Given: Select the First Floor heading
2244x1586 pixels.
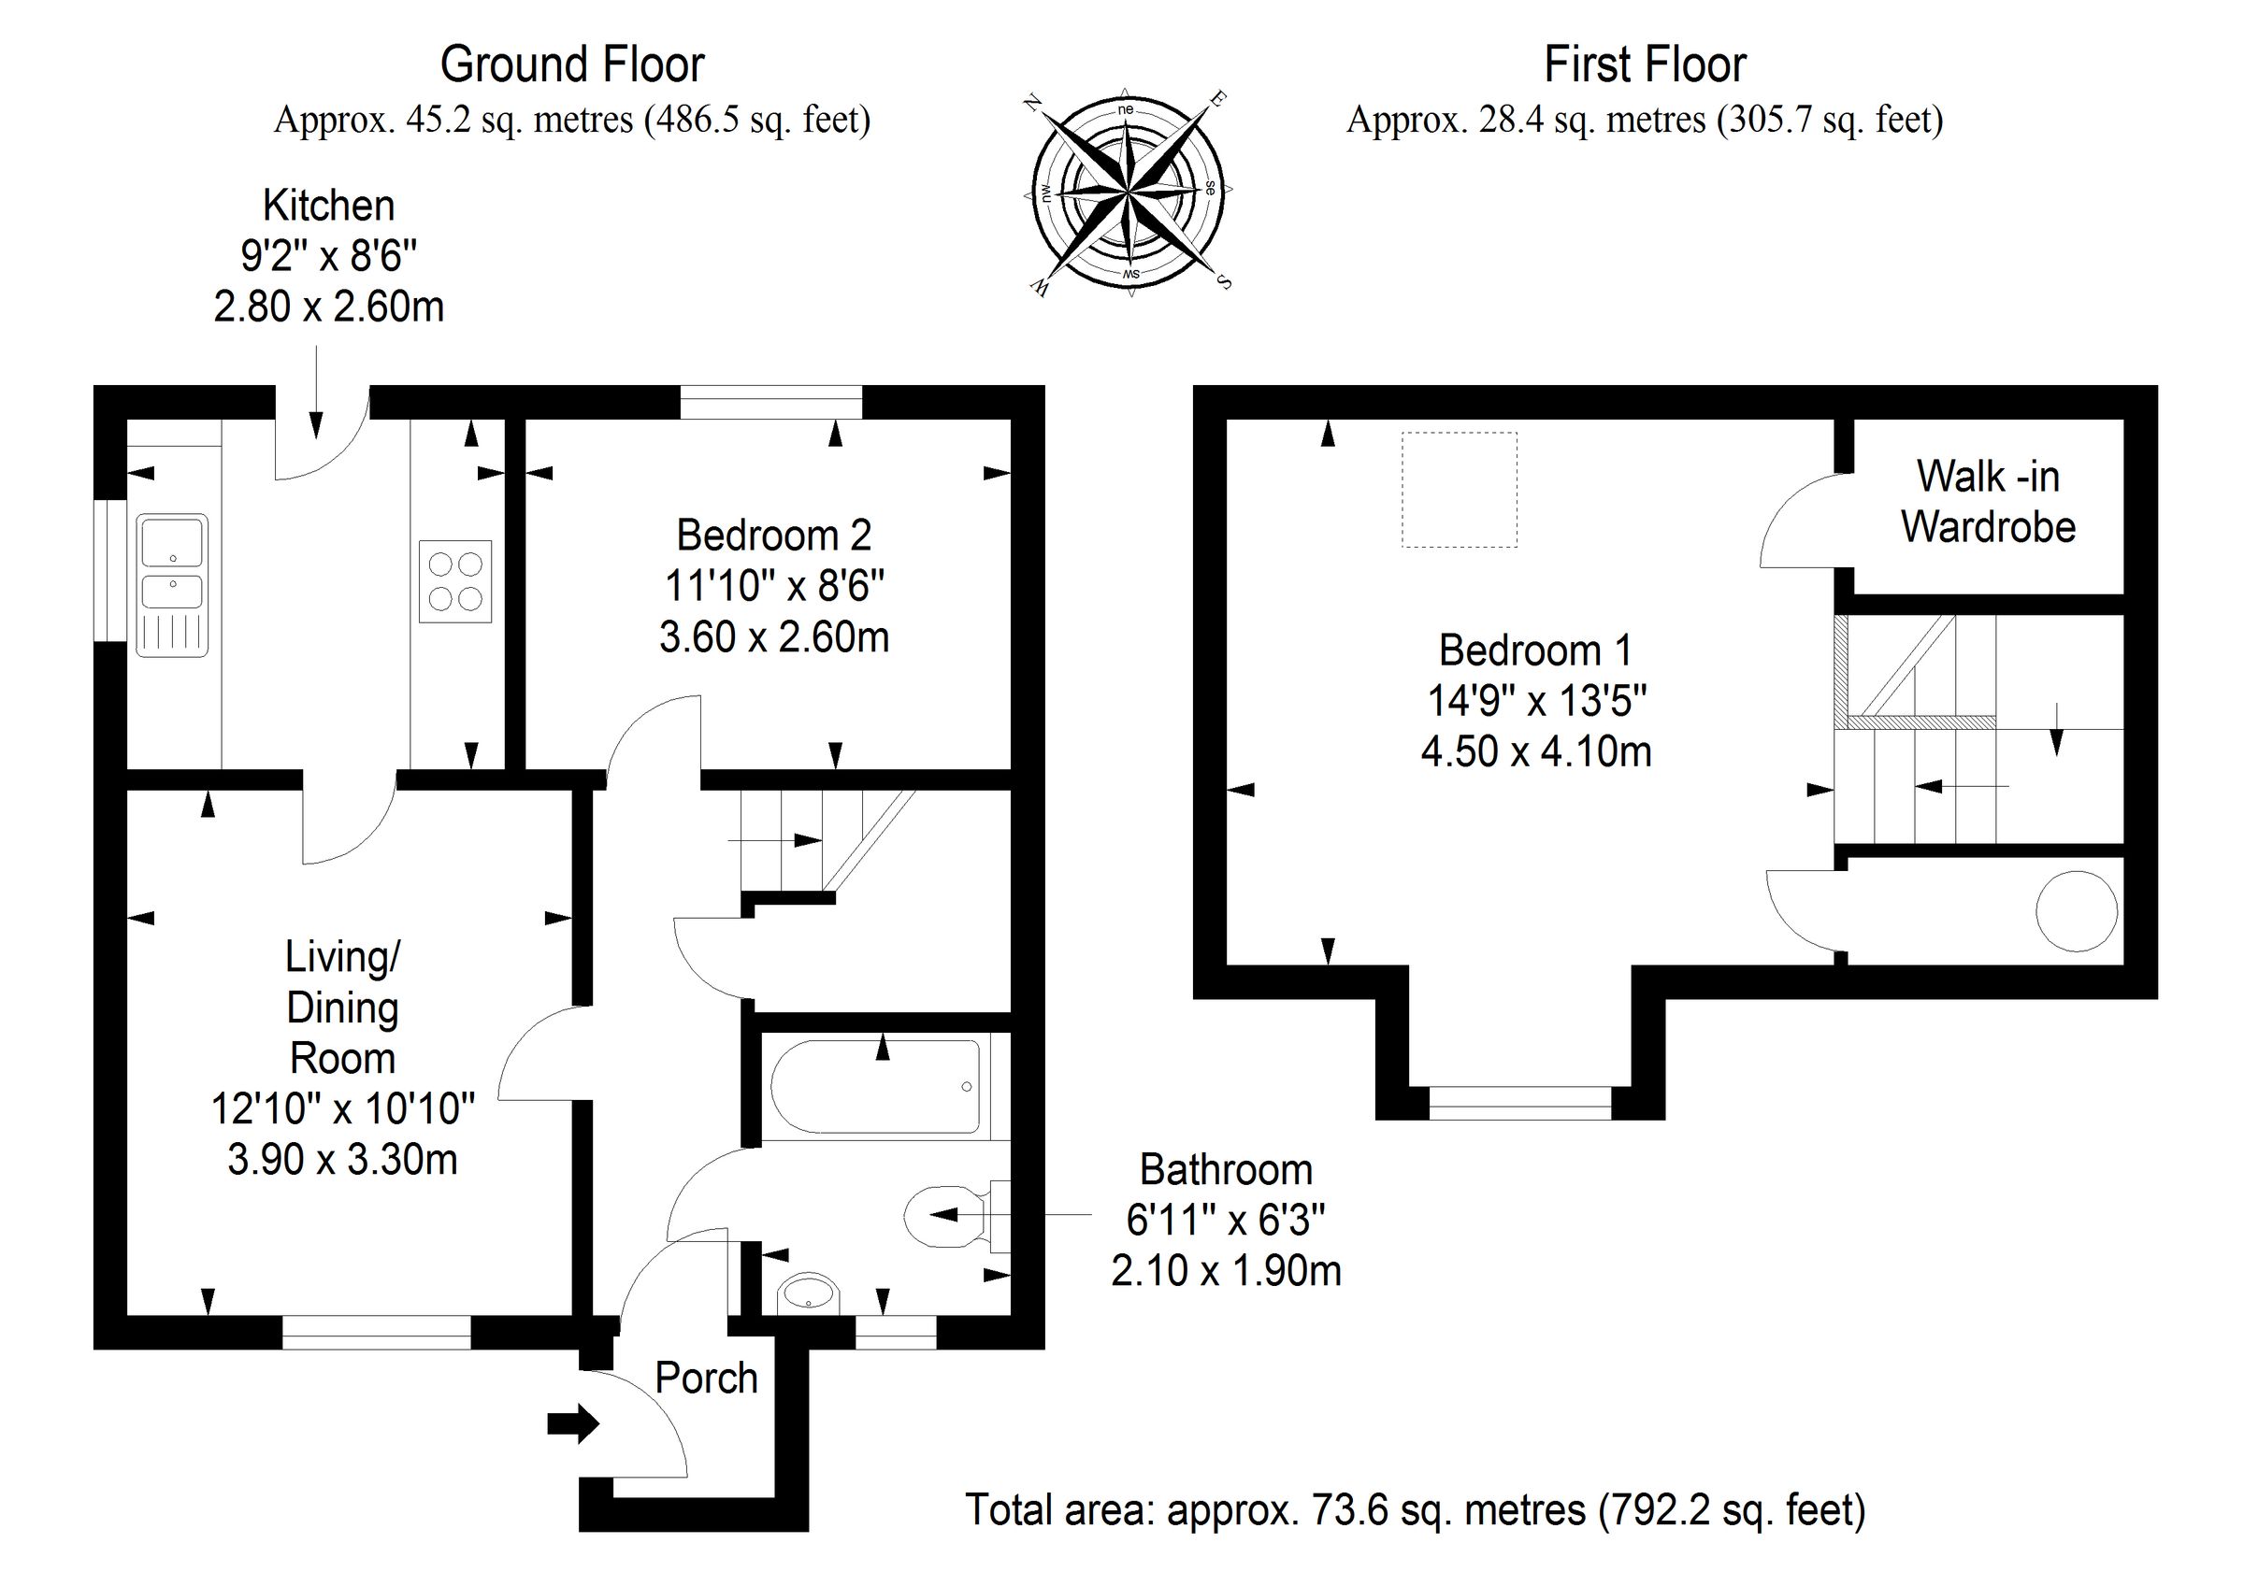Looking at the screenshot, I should (x=1644, y=65).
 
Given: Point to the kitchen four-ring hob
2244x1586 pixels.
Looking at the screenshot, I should (x=455, y=581).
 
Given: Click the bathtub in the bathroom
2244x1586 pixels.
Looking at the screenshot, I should (x=876, y=1087).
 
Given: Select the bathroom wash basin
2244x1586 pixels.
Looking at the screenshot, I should (x=808, y=1294).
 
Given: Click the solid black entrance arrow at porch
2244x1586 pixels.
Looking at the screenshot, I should (x=573, y=1423).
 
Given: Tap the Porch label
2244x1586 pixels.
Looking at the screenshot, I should (x=706, y=1379).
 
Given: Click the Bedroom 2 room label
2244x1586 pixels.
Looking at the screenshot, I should (x=773, y=536).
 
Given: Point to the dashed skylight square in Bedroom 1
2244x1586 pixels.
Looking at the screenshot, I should (x=1460, y=490).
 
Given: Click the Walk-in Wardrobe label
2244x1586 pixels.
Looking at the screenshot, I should (x=1987, y=502).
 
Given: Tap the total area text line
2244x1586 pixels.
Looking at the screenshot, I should (x=1416, y=1510).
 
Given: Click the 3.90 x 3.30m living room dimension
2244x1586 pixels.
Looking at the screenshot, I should (x=342, y=1160).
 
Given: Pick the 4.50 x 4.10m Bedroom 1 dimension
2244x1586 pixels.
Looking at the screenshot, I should (x=1535, y=751).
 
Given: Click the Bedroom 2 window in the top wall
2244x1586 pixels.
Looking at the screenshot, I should (x=771, y=402).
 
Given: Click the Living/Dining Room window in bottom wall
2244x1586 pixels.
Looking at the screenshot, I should (x=376, y=1333).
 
